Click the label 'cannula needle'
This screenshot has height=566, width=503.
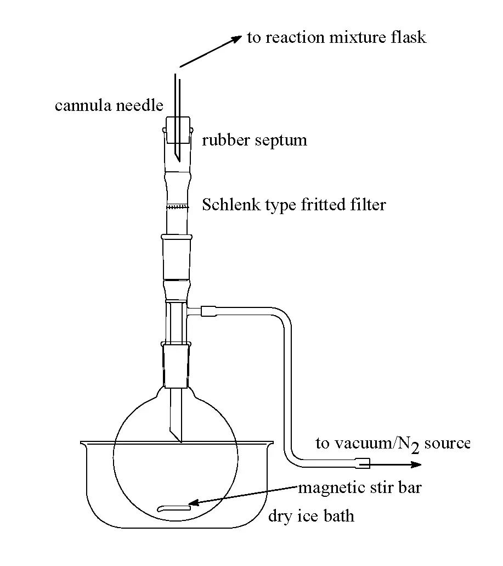click(x=109, y=105)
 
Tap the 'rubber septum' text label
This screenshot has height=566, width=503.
click(x=255, y=141)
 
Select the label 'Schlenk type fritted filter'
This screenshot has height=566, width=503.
click(x=294, y=205)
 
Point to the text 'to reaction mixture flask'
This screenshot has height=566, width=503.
click(x=336, y=37)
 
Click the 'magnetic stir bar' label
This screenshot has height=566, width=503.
click(x=360, y=488)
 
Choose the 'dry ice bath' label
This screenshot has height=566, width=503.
click(x=311, y=516)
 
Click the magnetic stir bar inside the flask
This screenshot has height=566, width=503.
click(x=174, y=508)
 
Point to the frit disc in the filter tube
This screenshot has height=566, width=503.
click(x=177, y=207)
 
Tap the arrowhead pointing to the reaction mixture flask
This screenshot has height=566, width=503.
click(x=236, y=38)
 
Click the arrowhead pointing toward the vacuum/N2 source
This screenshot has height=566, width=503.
click(x=416, y=464)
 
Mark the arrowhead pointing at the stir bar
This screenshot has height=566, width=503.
click(x=194, y=502)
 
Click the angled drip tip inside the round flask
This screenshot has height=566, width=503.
click(x=176, y=435)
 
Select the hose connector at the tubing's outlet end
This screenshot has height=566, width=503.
click(x=363, y=463)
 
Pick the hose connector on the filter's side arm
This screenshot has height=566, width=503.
click(x=209, y=311)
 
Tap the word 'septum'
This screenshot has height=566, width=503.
click(x=281, y=141)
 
